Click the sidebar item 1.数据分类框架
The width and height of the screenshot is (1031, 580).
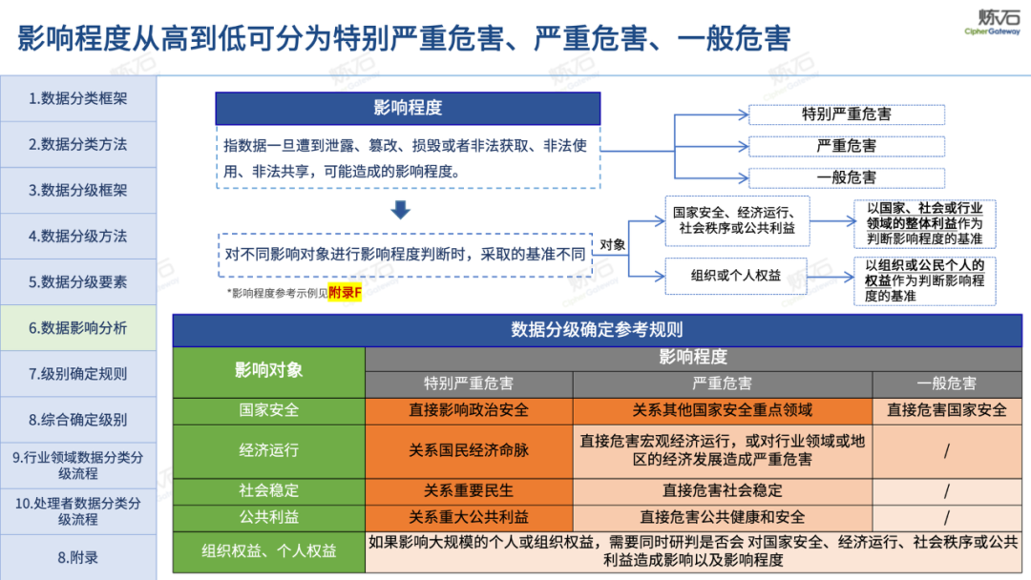pos(77,98)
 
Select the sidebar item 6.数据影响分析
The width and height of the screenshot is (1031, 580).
pos(77,327)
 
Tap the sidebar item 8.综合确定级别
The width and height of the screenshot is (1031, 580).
pos(77,419)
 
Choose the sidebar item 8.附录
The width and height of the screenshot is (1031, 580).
pos(77,556)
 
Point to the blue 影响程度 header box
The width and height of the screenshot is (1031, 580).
pos(408,108)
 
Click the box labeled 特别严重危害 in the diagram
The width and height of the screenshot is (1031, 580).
pos(846,114)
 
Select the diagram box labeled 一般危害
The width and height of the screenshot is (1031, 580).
pos(846,177)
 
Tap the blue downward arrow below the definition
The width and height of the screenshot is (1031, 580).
pos(401,210)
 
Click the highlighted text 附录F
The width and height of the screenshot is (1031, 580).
pos(345,292)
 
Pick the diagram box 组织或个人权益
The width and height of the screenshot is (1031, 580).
pos(736,276)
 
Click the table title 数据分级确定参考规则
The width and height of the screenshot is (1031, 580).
pos(597,330)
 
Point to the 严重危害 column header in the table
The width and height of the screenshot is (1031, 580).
pos(722,383)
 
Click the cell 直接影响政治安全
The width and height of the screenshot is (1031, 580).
pos(469,410)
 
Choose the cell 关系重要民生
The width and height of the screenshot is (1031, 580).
pos(469,490)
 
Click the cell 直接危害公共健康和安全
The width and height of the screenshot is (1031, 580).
pos(722,517)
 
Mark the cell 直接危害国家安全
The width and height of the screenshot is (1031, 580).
pos(946,410)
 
